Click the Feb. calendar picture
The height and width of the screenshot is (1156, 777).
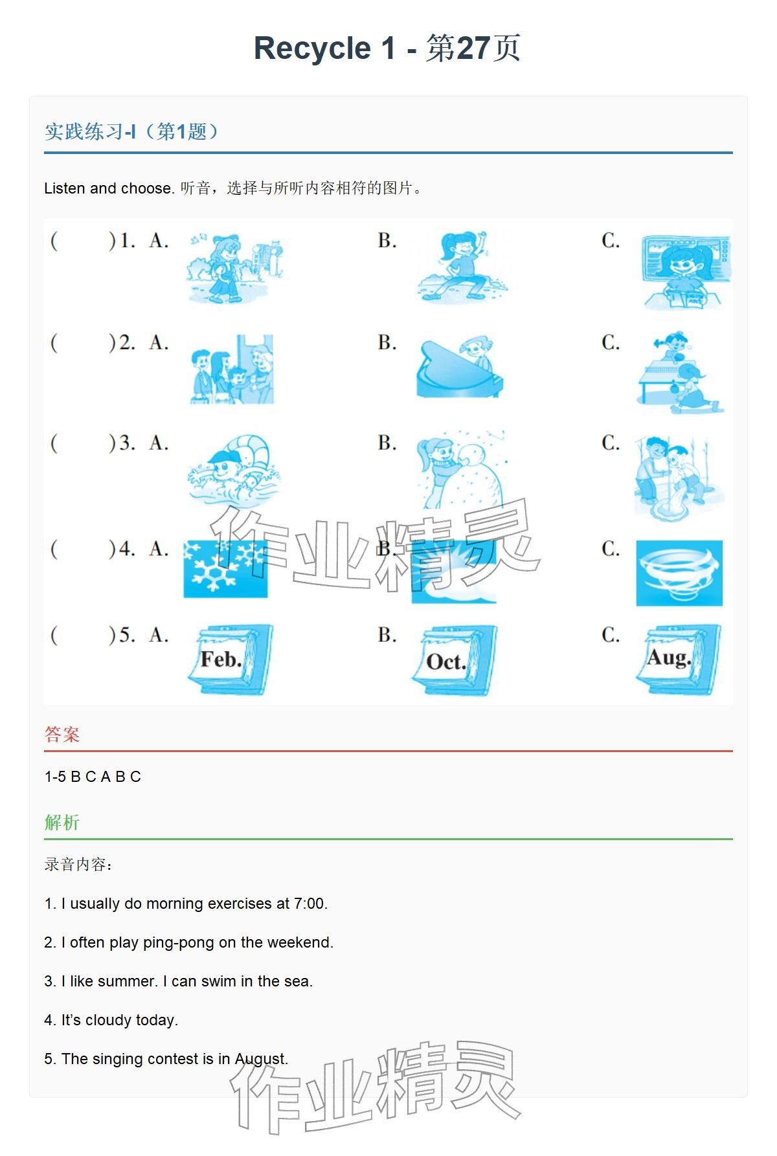(231, 660)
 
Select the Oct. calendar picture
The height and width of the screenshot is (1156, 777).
(455, 660)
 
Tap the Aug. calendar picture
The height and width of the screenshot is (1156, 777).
(679, 659)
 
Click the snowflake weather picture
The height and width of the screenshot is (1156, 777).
(225, 569)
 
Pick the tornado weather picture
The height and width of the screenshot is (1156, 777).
(679, 573)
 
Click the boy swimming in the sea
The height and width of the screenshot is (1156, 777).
(234, 471)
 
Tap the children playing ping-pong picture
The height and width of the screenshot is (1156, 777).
(680, 372)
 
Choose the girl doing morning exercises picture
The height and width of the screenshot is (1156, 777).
(462, 266)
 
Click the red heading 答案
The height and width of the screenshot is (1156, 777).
(62, 735)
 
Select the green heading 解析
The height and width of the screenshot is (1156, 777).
(62, 823)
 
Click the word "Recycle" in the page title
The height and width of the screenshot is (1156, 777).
(312, 49)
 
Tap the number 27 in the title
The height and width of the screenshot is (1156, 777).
(473, 48)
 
